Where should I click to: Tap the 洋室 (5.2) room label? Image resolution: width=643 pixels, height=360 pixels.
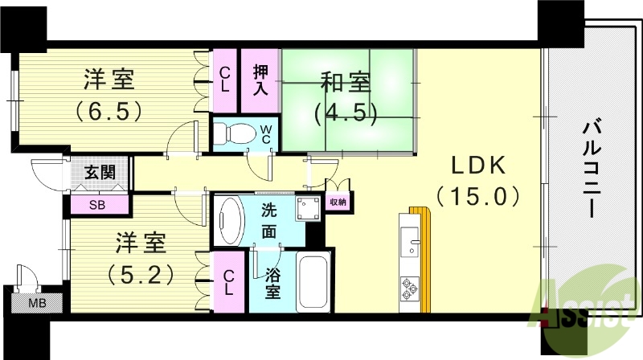click(x=140, y=259)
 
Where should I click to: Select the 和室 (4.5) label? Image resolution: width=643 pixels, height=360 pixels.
click(x=346, y=96)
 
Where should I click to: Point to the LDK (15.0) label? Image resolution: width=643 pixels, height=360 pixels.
click(x=477, y=181)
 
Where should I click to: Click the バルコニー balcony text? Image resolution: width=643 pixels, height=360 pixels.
click(x=592, y=170)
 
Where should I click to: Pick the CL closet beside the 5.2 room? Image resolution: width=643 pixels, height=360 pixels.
click(x=228, y=280)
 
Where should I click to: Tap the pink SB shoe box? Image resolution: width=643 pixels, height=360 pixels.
click(x=97, y=204)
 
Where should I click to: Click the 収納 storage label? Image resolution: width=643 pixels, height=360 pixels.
click(x=338, y=203)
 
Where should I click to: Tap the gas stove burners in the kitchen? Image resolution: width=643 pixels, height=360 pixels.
click(x=411, y=288)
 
